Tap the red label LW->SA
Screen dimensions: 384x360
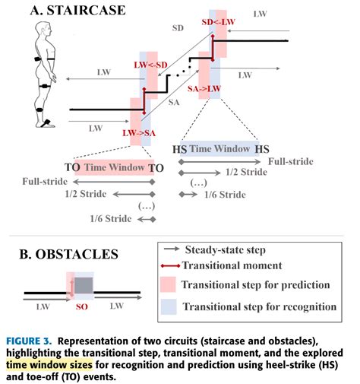coord(141,133)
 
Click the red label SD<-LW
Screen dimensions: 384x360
coord(217,23)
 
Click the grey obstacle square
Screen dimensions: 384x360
coord(83,285)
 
